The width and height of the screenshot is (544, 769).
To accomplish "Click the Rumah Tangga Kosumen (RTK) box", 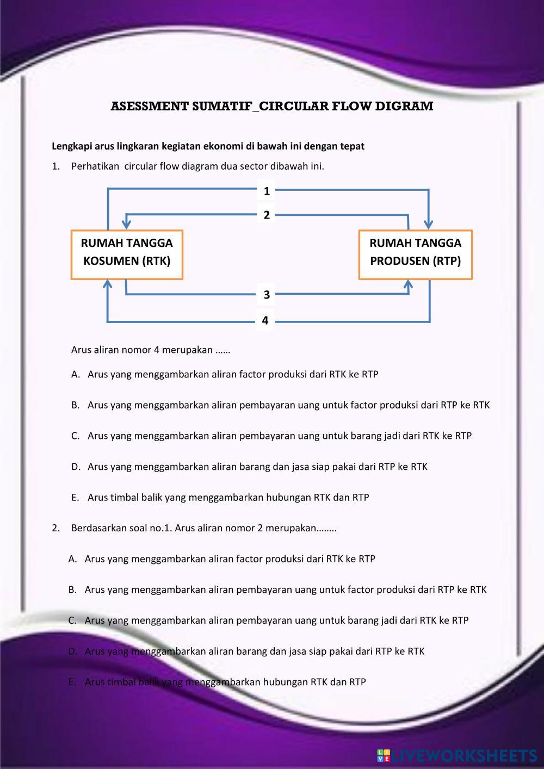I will pyautogui.click(x=127, y=255).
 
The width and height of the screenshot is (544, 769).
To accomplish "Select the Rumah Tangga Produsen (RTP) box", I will pyautogui.click(x=415, y=255).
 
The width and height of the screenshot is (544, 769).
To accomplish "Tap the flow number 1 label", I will pyautogui.click(x=267, y=191).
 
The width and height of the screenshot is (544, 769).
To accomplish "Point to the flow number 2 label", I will pyautogui.click(x=267, y=215).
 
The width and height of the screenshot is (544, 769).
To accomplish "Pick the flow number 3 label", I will pyautogui.click(x=267, y=295).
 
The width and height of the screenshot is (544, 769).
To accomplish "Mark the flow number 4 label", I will pyautogui.click(x=265, y=320).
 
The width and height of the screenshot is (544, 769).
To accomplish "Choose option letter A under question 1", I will pyautogui.click(x=76, y=374).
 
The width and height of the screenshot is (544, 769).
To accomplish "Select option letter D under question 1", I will pyautogui.click(x=76, y=467).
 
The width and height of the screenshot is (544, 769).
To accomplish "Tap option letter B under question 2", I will pyautogui.click(x=72, y=590).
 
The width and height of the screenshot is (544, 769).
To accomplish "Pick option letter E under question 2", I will pyautogui.click(x=72, y=682).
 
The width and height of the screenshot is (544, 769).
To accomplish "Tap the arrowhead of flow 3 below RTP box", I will pyautogui.click(x=409, y=284).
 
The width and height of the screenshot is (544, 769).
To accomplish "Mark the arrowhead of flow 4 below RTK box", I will pyautogui.click(x=108, y=284).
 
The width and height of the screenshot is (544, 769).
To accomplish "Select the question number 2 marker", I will pyautogui.click(x=55, y=528).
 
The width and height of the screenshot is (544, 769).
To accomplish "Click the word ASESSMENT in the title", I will pyautogui.click(x=149, y=106).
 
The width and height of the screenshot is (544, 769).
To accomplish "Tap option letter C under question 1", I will pyautogui.click(x=76, y=436).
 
